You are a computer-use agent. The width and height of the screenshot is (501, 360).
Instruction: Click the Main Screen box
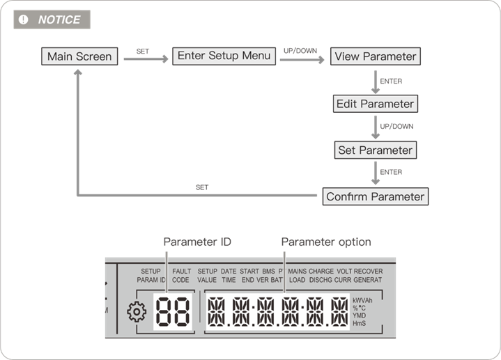pos(79,57)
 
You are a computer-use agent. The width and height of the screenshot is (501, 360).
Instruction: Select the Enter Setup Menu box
pos(224,56)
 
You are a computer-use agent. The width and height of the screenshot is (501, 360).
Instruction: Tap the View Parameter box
pos(375,57)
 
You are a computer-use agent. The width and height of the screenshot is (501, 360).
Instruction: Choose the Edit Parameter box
pos(375,104)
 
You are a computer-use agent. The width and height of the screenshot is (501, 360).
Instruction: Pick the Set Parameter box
pos(375,150)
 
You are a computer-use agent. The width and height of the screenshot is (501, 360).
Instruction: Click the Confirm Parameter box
pos(375,196)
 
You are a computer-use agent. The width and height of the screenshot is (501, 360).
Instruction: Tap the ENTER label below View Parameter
pos(390,81)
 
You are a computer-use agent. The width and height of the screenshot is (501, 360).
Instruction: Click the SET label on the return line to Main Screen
pos(202,187)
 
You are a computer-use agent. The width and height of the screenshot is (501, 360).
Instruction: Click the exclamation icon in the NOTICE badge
pos(24,19)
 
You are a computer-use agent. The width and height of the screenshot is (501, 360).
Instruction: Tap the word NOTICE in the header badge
pos(59,19)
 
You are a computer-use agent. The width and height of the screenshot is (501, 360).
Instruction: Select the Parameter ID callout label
pos(197,242)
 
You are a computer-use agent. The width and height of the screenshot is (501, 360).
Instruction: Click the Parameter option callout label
pos(326,242)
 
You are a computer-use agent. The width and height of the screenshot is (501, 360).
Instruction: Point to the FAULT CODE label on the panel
pos(181,275)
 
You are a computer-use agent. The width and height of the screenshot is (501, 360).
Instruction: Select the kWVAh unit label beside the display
pos(363,300)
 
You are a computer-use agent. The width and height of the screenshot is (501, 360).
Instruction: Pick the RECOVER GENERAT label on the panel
pos(368,275)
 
